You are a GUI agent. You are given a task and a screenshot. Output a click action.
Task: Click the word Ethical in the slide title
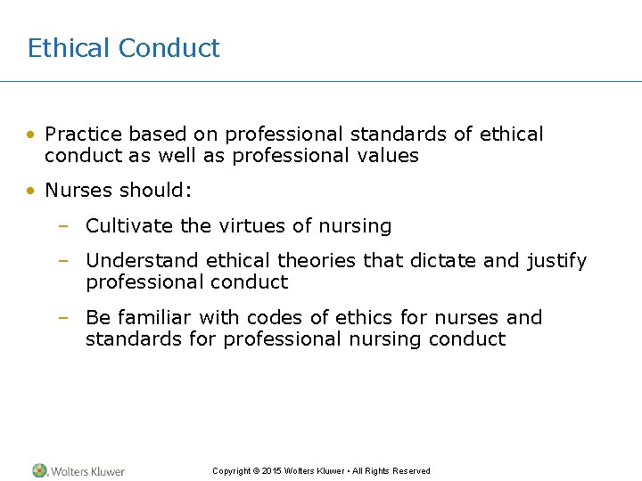[x=69, y=48]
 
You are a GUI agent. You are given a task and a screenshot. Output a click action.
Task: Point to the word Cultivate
[x=129, y=226]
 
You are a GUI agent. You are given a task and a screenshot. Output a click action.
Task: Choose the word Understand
[x=143, y=261]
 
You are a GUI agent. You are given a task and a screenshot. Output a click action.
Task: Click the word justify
[x=554, y=262]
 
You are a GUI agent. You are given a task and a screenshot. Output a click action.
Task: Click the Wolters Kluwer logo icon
[x=39, y=470]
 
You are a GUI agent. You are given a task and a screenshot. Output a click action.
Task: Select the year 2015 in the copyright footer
[x=272, y=471]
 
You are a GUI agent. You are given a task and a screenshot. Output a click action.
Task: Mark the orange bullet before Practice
[x=31, y=135]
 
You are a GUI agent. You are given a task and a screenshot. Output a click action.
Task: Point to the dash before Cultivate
[x=63, y=227]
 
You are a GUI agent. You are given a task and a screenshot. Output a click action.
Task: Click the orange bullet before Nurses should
[x=31, y=192]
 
